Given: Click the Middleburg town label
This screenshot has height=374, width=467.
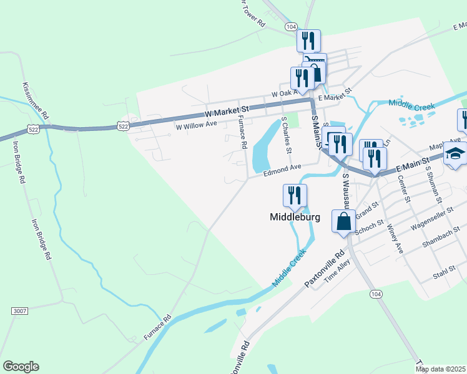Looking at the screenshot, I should (x=295, y=217).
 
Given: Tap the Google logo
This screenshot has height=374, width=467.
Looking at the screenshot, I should (x=21, y=367).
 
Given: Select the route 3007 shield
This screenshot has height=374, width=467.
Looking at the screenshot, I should (x=20, y=310).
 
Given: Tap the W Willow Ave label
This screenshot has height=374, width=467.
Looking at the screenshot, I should (x=196, y=125).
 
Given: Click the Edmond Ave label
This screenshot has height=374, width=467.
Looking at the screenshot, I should (x=282, y=168).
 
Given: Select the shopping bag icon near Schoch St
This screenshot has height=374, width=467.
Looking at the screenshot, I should (x=344, y=221).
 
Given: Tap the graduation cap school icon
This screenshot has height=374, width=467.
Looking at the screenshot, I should (x=455, y=154).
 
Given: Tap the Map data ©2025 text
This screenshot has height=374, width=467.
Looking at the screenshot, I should (x=440, y=369).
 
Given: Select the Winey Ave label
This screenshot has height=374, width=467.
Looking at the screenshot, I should (x=395, y=238).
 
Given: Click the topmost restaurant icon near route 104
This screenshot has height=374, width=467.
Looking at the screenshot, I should (x=308, y=41).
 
